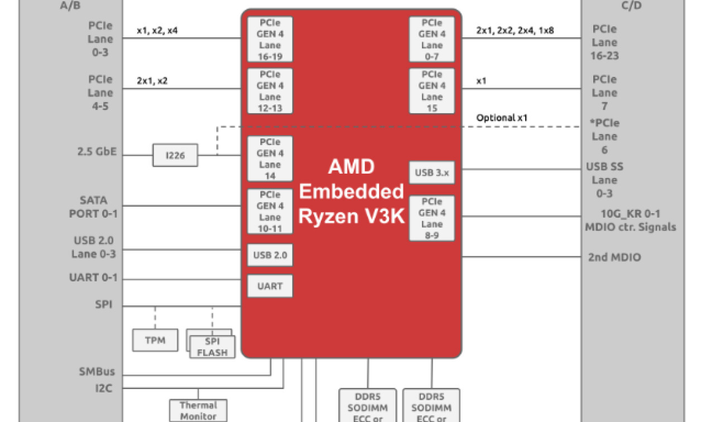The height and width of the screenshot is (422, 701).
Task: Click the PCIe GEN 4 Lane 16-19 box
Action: click(270, 39)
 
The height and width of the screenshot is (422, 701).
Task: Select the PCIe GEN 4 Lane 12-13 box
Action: click(270, 91)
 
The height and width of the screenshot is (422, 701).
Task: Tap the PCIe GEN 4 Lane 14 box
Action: click(270, 159)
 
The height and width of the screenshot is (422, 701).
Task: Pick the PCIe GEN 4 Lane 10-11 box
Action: click(270, 212)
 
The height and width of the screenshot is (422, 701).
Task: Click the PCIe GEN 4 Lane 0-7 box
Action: click(432, 39)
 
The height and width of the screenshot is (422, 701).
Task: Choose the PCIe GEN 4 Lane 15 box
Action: click(432, 91)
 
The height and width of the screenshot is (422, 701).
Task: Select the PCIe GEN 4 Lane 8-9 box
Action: click(432, 218)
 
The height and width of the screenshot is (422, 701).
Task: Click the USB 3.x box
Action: click(432, 173)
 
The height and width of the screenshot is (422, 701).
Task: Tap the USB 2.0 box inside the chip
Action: click(270, 255)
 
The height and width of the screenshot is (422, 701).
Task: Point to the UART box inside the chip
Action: click(270, 286)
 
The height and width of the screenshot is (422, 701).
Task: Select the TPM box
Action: click(155, 340)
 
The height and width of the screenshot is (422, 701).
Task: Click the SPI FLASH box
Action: click(212, 347)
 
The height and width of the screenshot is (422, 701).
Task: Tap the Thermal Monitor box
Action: click(198, 410)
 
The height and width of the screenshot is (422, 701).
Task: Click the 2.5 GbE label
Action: click(98, 151)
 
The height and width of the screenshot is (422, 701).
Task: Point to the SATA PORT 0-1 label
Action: click(94, 207)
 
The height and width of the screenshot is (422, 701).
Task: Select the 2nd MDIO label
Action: click(614, 257)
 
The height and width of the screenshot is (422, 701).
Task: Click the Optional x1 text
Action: click(502, 118)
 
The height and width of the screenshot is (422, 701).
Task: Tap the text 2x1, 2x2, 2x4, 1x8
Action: click(515, 30)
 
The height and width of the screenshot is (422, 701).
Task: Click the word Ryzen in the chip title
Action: click(327, 216)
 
